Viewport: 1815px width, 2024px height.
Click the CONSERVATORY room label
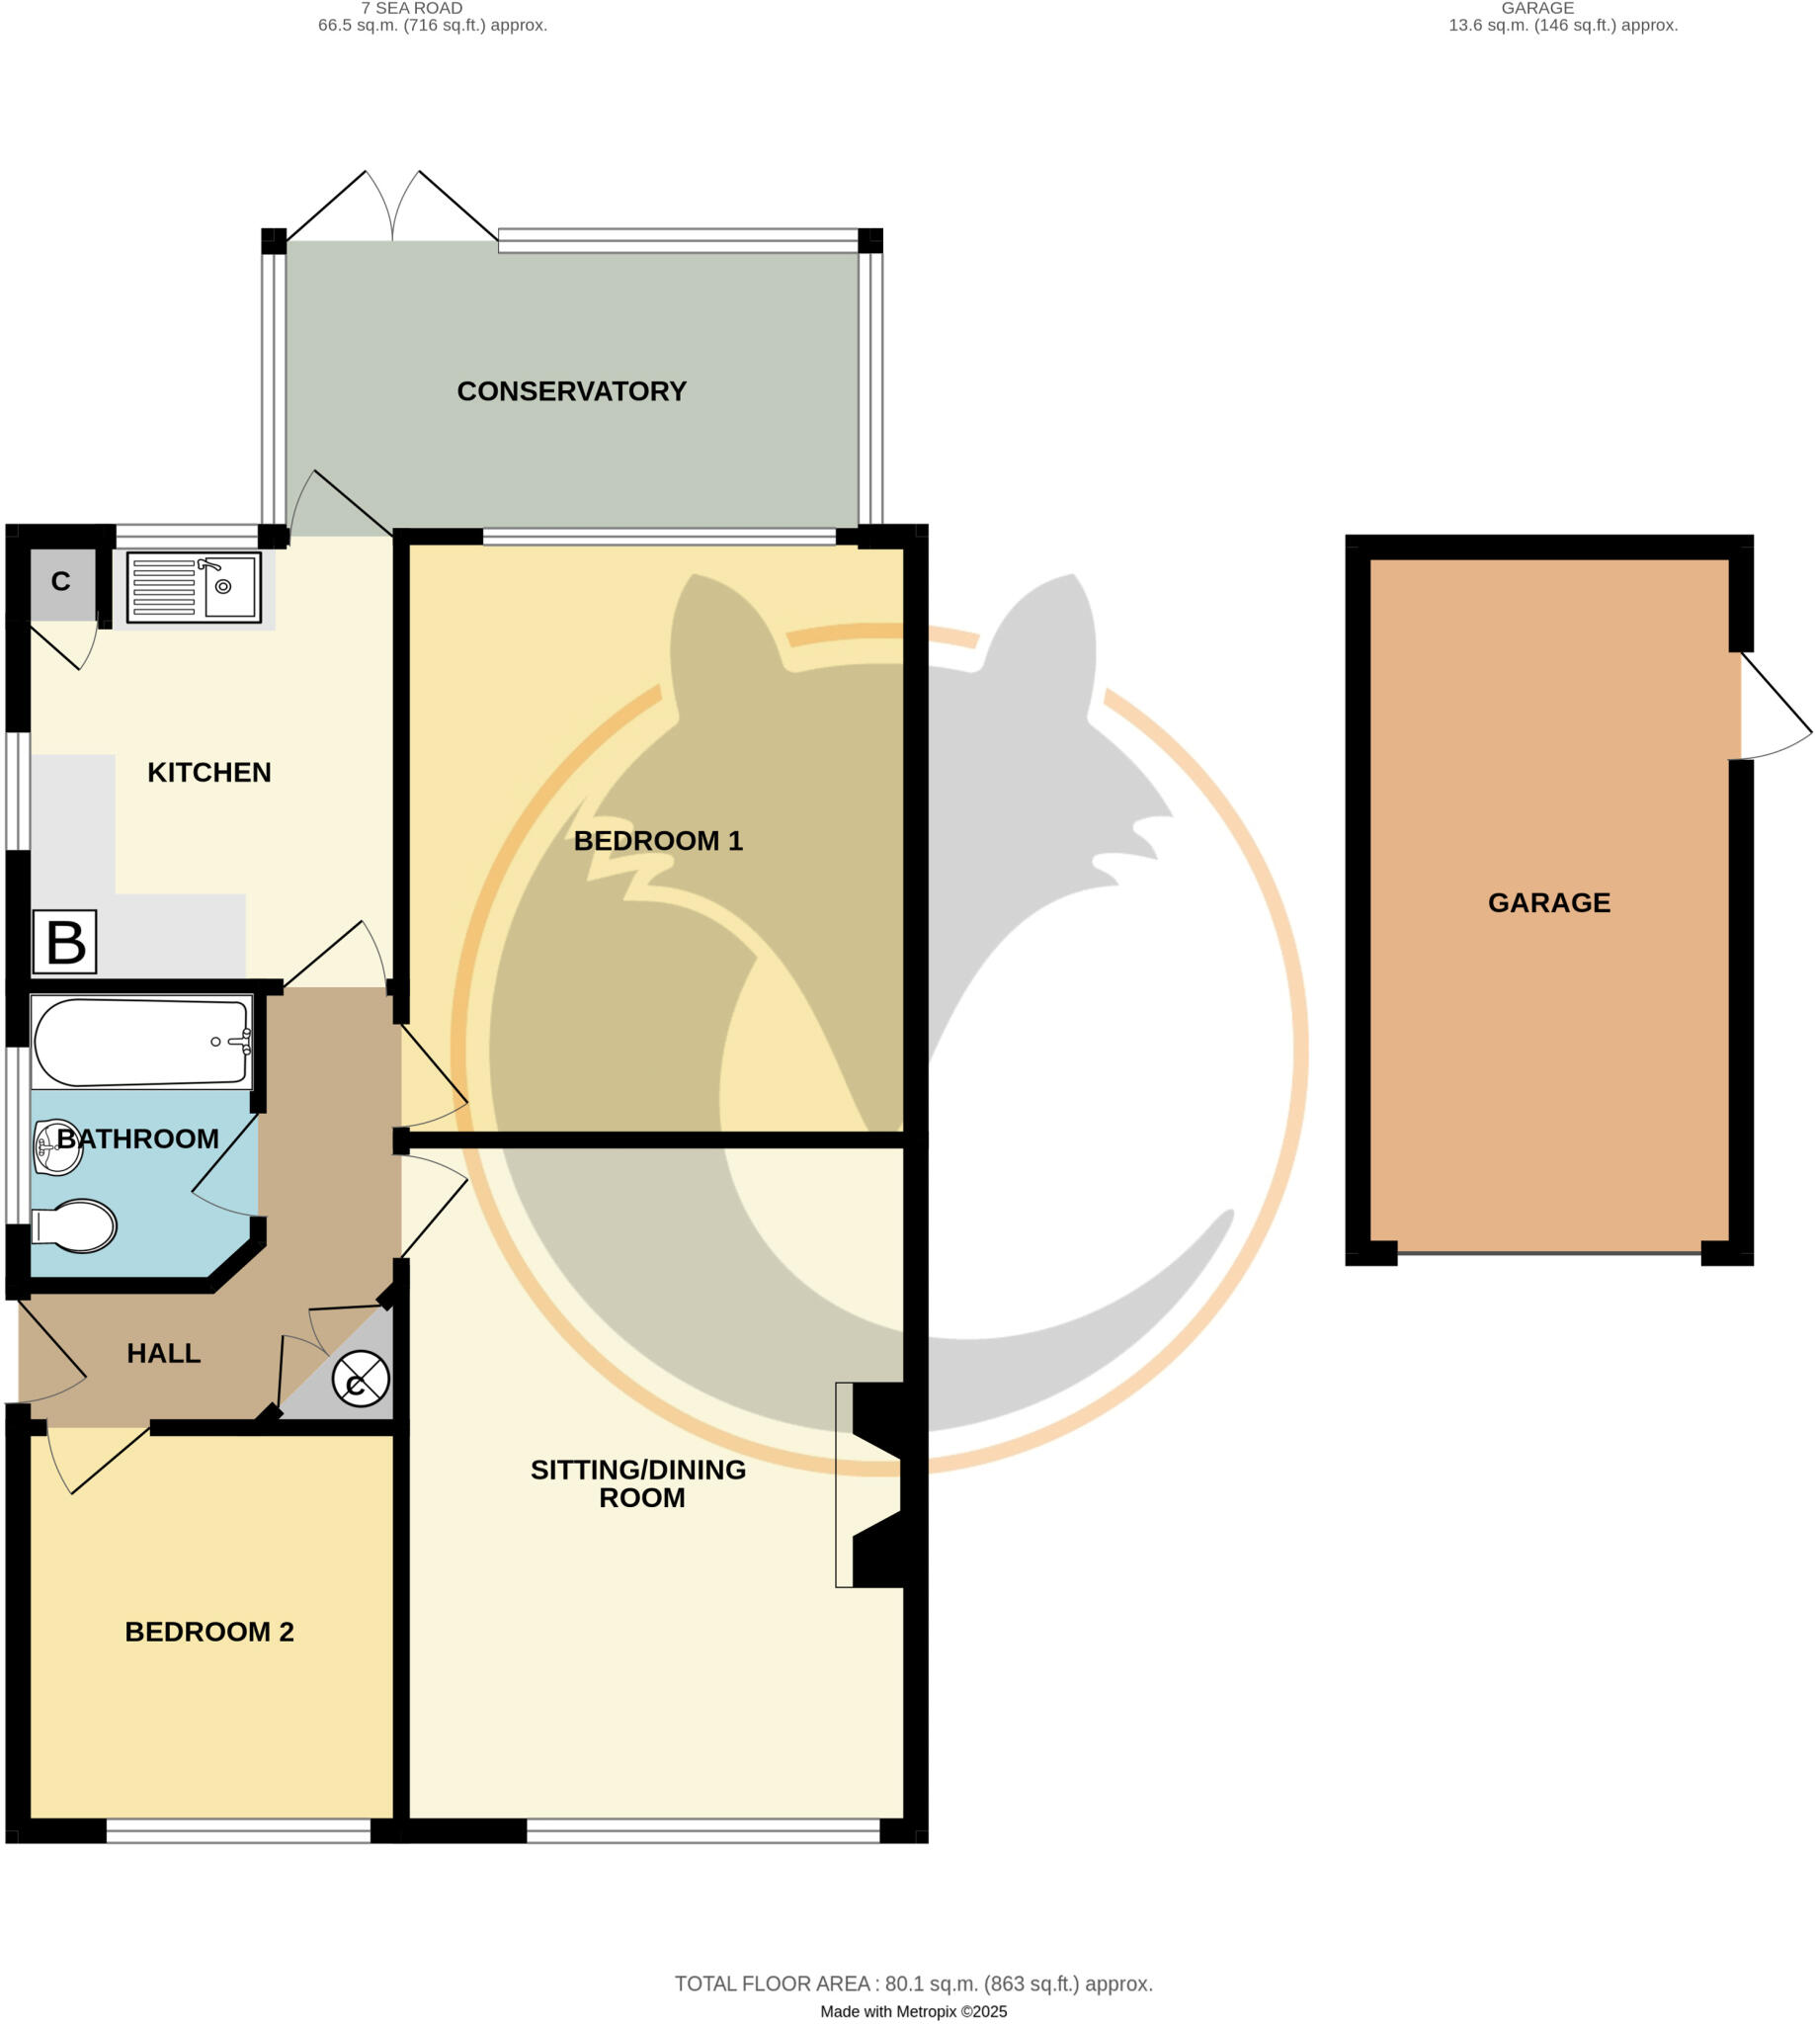point(571,391)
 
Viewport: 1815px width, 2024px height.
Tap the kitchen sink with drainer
point(194,588)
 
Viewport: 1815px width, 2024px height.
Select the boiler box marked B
point(65,942)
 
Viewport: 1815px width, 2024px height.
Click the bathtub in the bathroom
point(141,1043)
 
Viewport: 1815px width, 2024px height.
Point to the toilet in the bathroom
point(75,1226)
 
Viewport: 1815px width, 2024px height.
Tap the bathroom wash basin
point(57,1148)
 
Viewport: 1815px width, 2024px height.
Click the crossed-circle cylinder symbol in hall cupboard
point(360,1379)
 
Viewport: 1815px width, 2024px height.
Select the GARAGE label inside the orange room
point(1549,902)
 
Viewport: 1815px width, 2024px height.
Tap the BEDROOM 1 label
point(658,841)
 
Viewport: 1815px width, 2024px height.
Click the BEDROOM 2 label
point(209,1632)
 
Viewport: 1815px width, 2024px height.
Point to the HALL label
point(164,1353)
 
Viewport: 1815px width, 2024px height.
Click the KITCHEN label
point(209,772)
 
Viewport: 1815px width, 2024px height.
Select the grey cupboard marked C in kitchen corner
point(62,582)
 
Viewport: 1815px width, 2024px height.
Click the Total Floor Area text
point(914,1984)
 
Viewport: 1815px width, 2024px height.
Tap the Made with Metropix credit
point(914,2012)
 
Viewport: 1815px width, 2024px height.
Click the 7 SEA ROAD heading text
point(412,8)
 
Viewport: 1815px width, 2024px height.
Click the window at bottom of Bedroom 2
point(238,1830)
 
